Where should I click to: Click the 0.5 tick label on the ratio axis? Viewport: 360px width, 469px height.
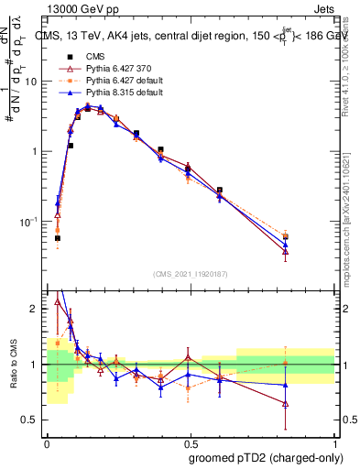click(x=31, y=420)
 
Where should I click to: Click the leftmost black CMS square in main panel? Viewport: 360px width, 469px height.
click(x=58, y=238)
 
